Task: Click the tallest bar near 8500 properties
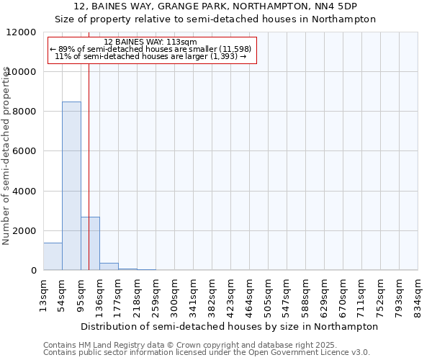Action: [x=71, y=186]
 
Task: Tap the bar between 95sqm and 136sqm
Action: [x=90, y=243]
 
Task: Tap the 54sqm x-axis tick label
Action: [x=63, y=295]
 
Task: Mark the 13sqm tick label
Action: [x=44, y=295]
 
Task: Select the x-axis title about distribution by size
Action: [x=230, y=326]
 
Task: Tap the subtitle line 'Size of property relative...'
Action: [x=215, y=19]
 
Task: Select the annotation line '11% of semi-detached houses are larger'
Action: [x=150, y=55]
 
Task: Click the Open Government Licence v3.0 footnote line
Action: [x=207, y=353]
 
